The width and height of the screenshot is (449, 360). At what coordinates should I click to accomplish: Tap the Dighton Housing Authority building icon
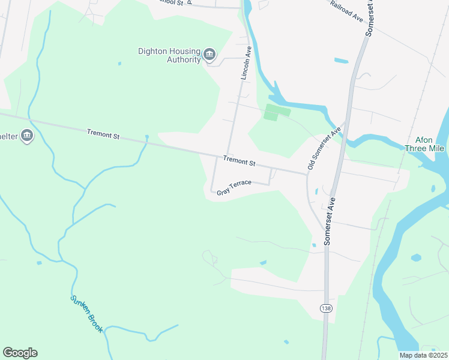209,55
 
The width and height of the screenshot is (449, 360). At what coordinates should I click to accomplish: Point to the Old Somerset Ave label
324,147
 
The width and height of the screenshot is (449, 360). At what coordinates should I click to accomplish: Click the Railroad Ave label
347,11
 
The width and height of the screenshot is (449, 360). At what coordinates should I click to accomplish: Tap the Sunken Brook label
88,314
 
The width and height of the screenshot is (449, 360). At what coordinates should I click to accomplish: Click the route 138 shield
325,308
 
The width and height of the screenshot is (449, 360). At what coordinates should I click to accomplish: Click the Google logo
20,353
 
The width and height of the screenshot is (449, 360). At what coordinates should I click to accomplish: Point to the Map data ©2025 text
423,355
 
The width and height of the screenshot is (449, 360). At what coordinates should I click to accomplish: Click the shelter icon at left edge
26,136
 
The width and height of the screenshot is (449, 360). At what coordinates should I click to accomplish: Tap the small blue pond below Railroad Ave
341,61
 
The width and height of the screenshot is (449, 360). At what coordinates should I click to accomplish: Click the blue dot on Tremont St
146,137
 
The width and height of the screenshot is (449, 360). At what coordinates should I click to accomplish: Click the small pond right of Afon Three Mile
433,188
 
